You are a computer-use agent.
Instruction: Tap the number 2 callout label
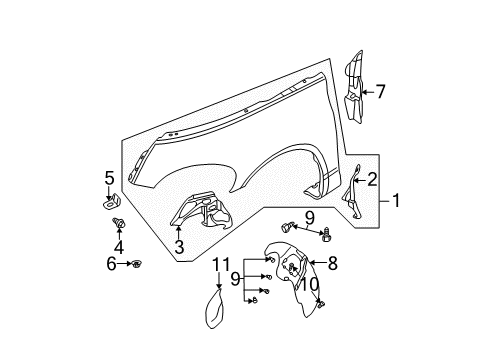(372, 180)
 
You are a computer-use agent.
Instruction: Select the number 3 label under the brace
(178, 246)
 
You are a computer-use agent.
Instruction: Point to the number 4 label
(119, 246)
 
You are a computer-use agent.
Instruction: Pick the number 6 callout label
(110, 264)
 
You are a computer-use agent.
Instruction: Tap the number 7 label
(380, 91)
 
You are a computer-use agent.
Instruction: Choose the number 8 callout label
(333, 264)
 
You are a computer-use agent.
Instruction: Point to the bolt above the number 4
(119, 221)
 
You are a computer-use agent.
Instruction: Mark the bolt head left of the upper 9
(292, 227)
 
